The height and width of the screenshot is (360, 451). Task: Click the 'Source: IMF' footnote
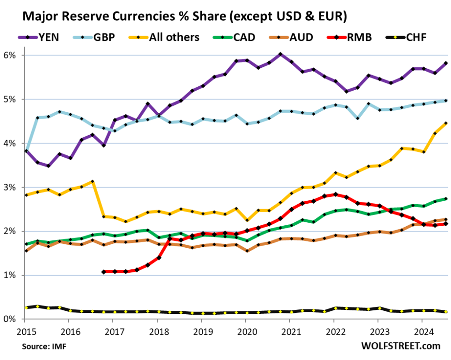[x=46, y=347]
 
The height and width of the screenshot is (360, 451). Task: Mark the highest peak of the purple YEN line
[x=280, y=54]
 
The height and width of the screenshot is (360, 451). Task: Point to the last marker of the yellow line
[x=446, y=123]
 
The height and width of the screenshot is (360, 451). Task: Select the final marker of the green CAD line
[x=446, y=199]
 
